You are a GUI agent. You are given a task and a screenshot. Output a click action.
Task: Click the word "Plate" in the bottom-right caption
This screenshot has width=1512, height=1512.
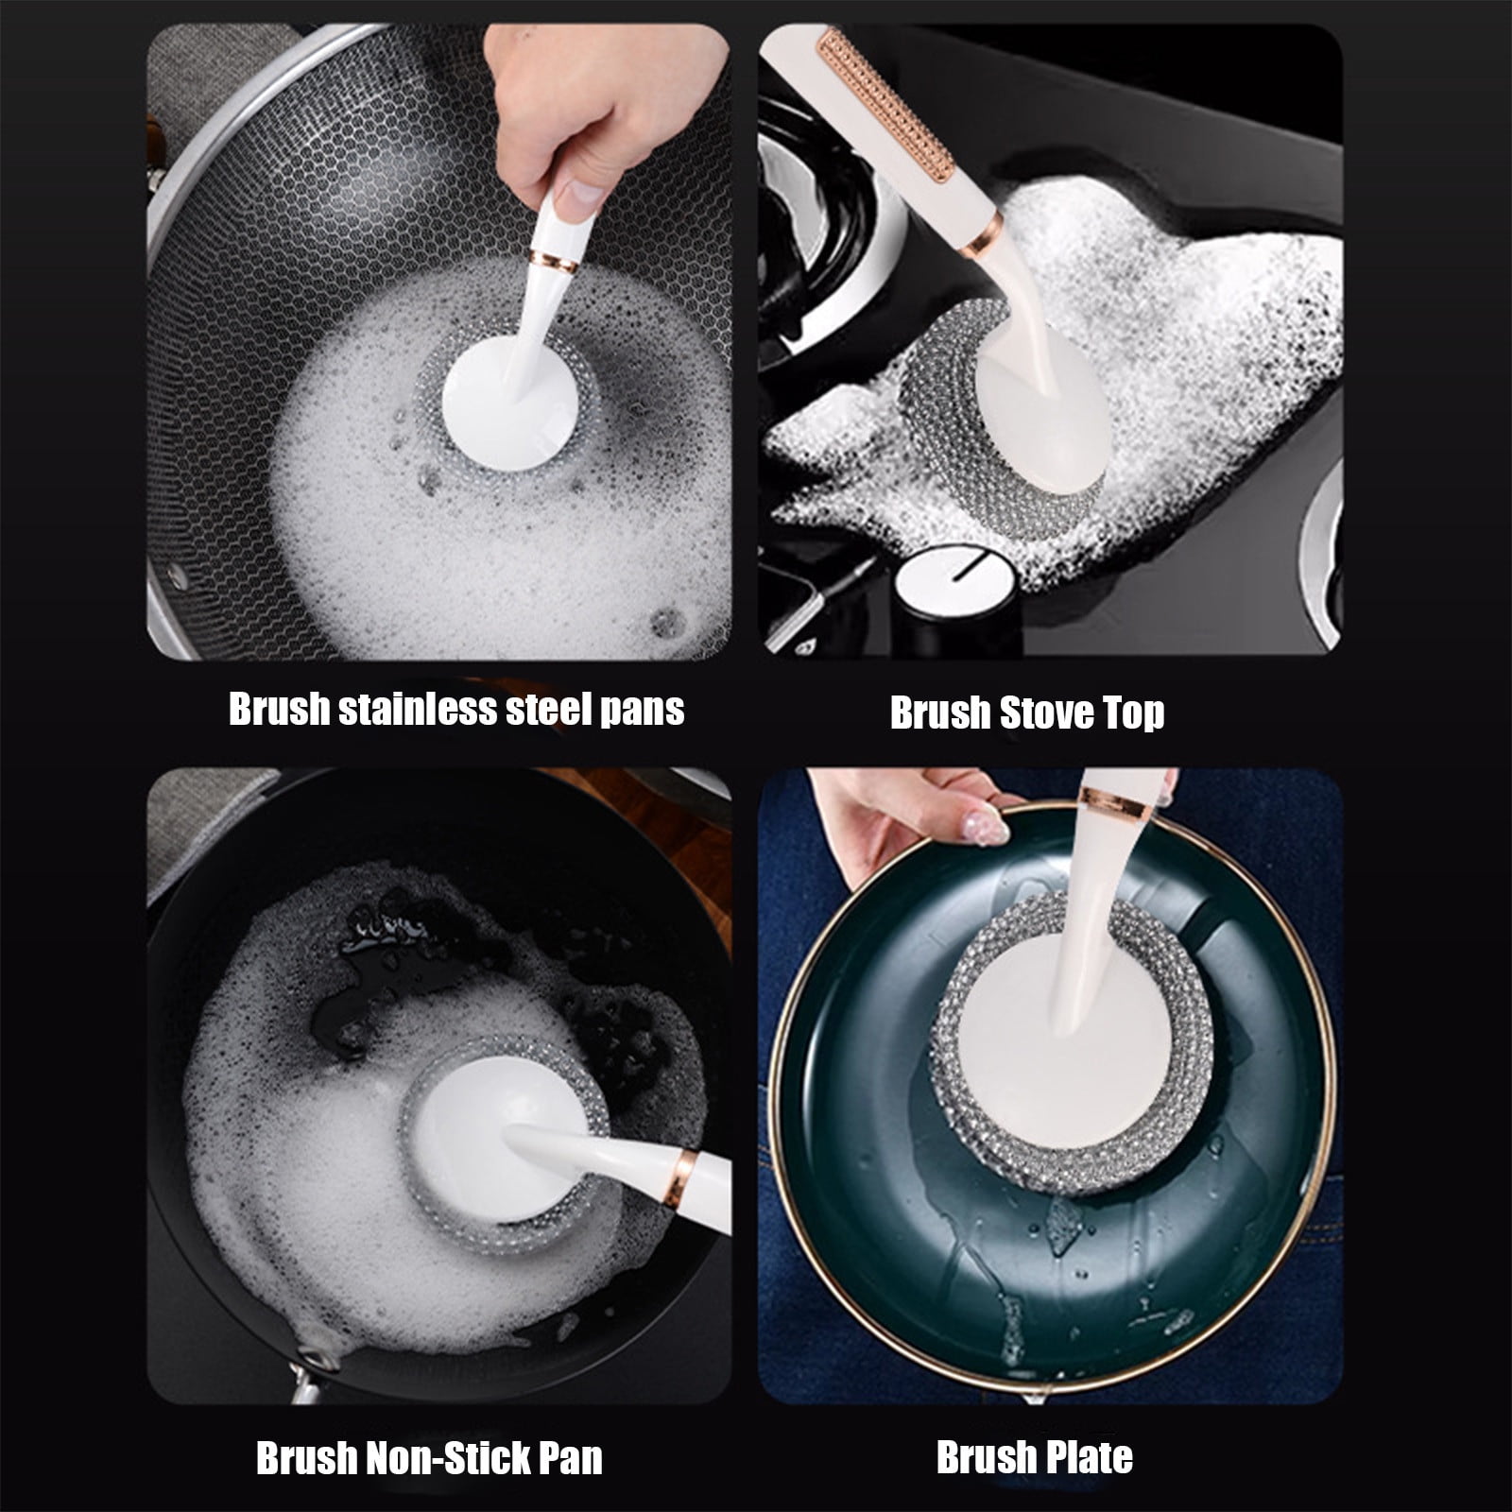(1085, 1456)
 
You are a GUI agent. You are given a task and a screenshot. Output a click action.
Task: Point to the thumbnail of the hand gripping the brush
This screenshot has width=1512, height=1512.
(576, 197)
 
